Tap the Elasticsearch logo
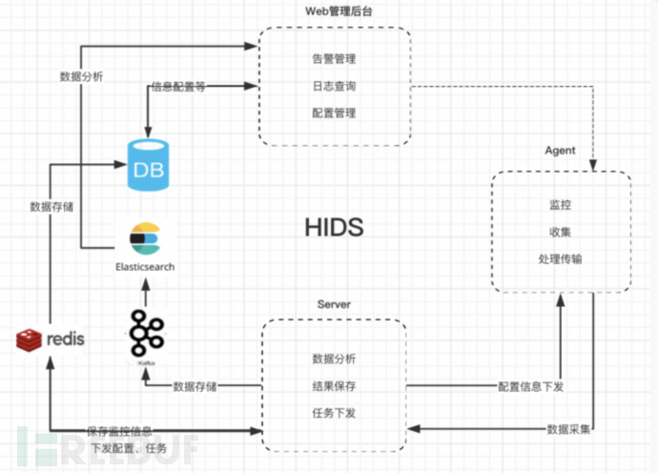tap(146, 236)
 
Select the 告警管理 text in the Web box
tap(334, 58)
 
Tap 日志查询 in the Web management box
tap(334, 86)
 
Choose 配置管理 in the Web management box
tap(334, 113)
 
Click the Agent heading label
tap(560, 151)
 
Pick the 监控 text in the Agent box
tap(561, 205)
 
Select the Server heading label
tap(334, 303)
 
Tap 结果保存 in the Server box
tap(334, 385)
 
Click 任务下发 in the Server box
tap(334, 412)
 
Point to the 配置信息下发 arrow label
tap(531, 386)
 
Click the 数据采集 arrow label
tap(568, 428)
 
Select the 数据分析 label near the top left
tap(82, 77)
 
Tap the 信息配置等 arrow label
tap(178, 87)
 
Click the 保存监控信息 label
tap(118, 431)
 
